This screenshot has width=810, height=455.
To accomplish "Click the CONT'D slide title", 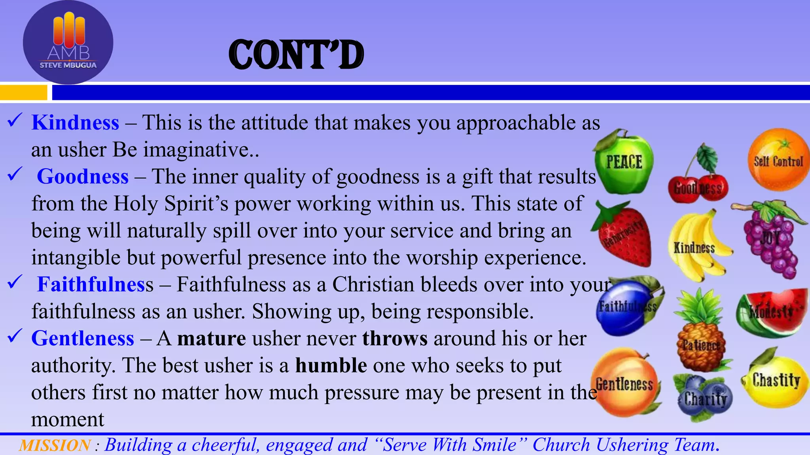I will [x=296, y=55].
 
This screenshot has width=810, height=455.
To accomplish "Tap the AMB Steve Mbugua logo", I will [x=68, y=43].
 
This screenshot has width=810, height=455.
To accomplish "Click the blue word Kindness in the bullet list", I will [x=75, y=122].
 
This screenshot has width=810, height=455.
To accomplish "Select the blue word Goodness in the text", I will [x=83, y=177].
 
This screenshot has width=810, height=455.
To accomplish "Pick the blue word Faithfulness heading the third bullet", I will [x=95, y=284].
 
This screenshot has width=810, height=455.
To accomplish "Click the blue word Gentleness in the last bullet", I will [x=83, y=338].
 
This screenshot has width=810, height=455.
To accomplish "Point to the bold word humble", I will [x=331, y=365].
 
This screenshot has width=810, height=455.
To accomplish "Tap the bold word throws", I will [x=395, y=338].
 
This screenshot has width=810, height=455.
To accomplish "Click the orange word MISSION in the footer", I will [x=55, y=445].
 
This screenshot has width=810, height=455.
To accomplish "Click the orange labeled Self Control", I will [x=778, y=160].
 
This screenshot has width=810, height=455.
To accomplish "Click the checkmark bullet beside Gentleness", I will [x=14, y=336].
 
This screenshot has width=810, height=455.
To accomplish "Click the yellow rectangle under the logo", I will [x=23, y=93].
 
